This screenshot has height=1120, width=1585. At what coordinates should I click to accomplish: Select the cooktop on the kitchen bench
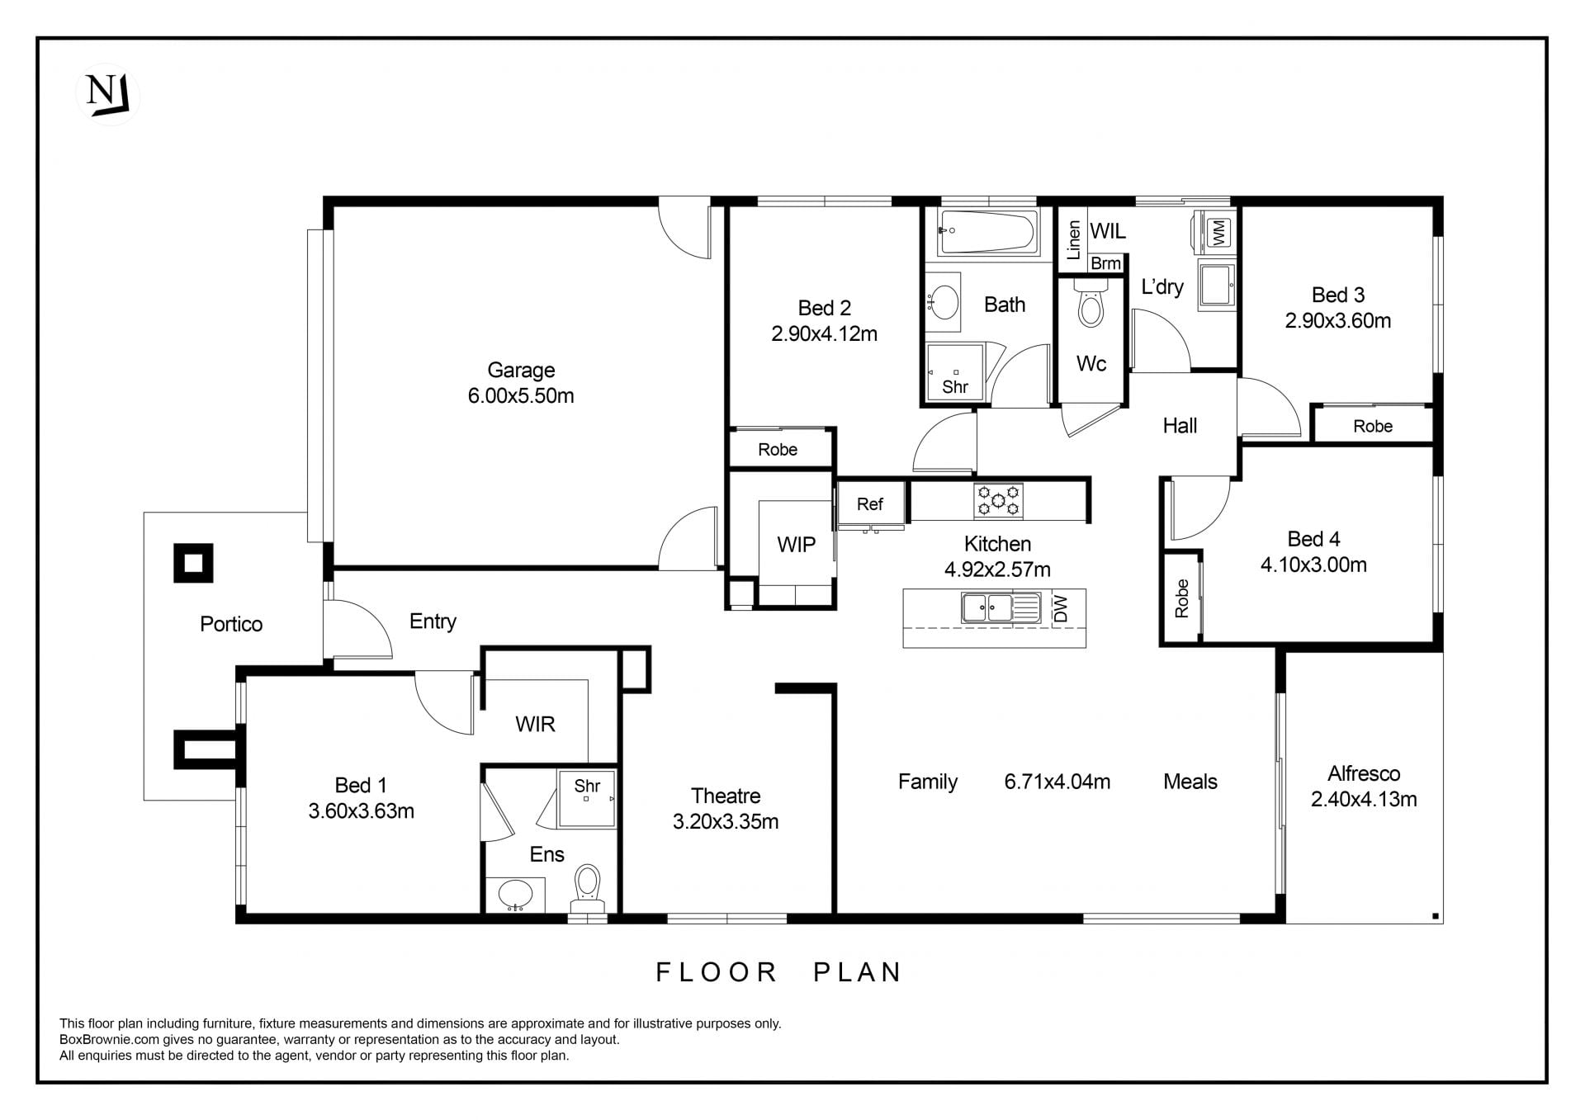pyautogui.click(x=998, y=500)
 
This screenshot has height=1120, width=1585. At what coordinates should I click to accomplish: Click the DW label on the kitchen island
pyautogui.click(x=1062, y=608)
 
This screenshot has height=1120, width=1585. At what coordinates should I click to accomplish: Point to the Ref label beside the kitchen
pyautogui.click(x=869, y=504)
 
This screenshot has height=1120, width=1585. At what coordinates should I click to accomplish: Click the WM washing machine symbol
pyautogui.click(x=1218, y=231)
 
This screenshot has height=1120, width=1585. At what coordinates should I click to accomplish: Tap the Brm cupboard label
pyautogui.click(x=1105, y=263)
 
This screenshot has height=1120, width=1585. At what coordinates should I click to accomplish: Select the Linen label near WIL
pyautogui.click(x=1073, y=240)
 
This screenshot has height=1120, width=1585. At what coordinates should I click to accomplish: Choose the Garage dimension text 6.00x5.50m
pyautogui.click(x=521, y=396)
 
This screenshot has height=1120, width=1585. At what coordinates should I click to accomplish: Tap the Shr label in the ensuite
pyautogui.click(x=587, y=786)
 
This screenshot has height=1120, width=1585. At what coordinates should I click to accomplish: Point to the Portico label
pyautogui.click(x=231, y=624)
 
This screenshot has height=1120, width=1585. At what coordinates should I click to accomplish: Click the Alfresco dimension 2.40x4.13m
pyautogui.click(x=1364, y=799)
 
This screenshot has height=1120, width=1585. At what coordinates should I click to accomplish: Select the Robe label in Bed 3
pyautogui.click(x=1373, y=426)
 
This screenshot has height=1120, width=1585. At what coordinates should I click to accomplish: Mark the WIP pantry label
pyautogui.click(x=796, y=545)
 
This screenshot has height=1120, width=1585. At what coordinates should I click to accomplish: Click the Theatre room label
pyautogui.click(x=726, y=796)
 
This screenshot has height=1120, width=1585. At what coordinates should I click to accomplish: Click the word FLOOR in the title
pyautogui.click(x=717, y=972)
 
